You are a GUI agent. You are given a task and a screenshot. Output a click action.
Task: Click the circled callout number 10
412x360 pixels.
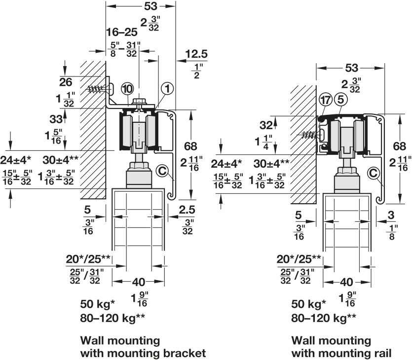coord(127,89)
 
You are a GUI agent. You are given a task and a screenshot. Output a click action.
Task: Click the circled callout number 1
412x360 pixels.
coord(167,89)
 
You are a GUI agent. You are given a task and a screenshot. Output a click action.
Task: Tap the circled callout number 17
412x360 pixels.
coord(325,100)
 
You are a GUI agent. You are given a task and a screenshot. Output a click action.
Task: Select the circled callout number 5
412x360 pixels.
coord(341,100)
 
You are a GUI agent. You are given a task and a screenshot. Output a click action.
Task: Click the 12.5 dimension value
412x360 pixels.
coord(196,54)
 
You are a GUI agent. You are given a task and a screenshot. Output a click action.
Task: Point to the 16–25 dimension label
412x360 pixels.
coord(122,32)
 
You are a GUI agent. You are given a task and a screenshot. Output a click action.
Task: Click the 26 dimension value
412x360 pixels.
coord(66,82)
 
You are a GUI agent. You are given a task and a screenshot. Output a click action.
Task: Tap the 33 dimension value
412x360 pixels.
coord(56,119)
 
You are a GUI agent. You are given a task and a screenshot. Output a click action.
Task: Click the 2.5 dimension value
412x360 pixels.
coord(187,210)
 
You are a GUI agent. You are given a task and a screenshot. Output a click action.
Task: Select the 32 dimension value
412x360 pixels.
coord(266,125)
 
